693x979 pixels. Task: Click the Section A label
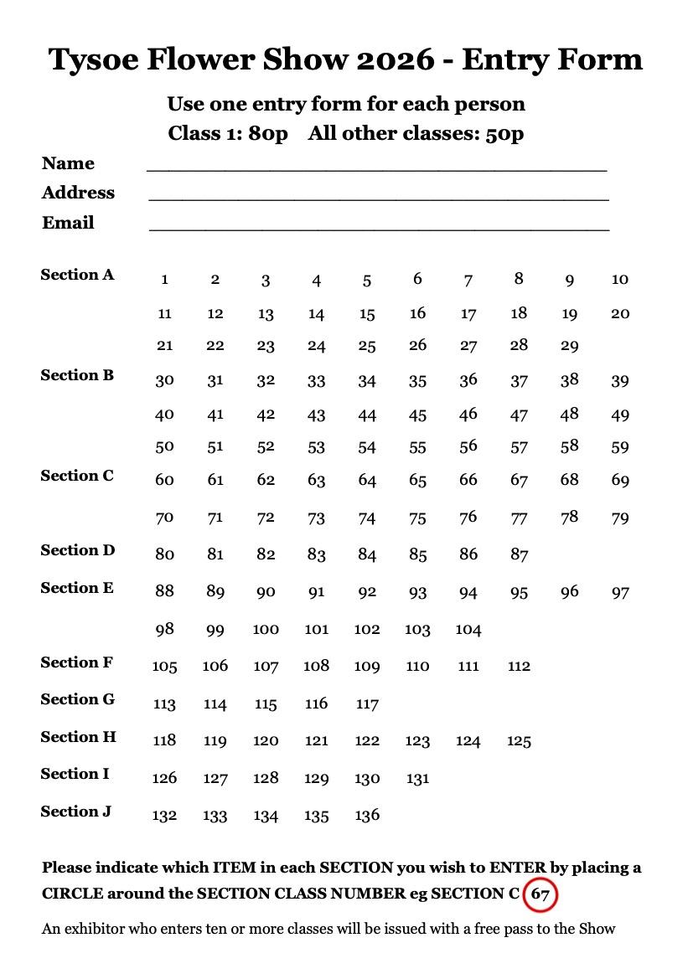pyautogui.click(x=77, y=275)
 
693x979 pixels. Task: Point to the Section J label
pyautogui.click(x=75, y=812)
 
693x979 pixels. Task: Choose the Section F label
pyautogui.click(x=76, y=662)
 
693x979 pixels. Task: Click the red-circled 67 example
pyautogui.click(x=540, y=894)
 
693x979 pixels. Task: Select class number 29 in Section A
pyautogui.click(x=569, y=346)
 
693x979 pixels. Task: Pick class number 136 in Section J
pyautogui.click(x=367, y=815)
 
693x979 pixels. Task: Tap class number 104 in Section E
pyautogui.click(x=468, y=630)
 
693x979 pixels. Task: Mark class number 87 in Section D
pyautogui.click(x=519, y=554)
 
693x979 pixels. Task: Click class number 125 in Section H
pyautogui.click(x=519, y=741)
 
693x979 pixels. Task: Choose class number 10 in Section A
pyautogui.click(x=619, y=280)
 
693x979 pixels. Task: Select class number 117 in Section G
pyautogui.click(x=367, y=704)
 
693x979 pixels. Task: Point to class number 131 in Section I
pyautogui.click(x=417, y=779)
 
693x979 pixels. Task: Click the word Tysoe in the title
pyautogui.click(x=92, y=59)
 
